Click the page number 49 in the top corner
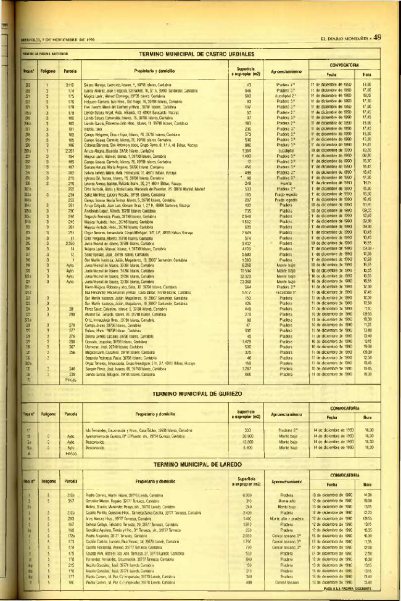(378, 37)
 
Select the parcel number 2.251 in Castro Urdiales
(70, 149)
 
